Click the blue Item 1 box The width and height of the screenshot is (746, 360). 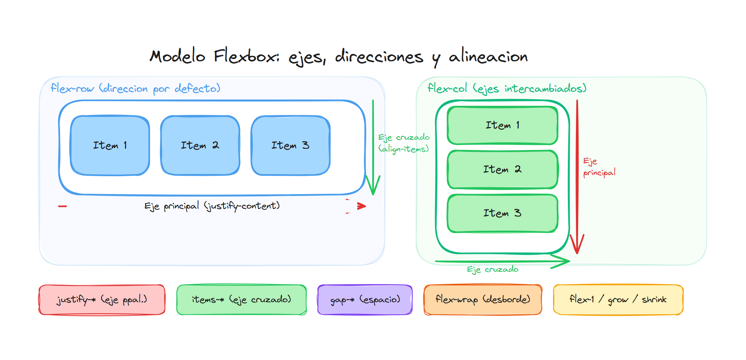(110, 145)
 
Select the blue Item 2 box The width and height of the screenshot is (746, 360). (200, 145)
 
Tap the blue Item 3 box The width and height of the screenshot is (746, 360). (290, 145)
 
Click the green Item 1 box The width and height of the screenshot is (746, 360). (502, 125)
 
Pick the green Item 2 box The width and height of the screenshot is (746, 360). (502, 169)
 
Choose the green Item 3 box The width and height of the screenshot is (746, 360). (502, 213)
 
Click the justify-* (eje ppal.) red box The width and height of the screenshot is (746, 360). (102, 300)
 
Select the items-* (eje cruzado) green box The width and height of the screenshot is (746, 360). (242, 300)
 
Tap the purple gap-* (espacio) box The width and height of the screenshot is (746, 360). (365, 300)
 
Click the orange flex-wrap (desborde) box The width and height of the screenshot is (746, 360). (483, 300)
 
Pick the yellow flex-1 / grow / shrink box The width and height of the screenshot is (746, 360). (618, 300)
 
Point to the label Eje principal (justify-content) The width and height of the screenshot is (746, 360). (212, 206)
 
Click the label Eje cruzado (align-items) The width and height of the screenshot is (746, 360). (403, 143)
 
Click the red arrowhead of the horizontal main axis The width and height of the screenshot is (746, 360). (361, 206)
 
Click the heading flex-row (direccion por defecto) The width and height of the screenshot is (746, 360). (135, 89)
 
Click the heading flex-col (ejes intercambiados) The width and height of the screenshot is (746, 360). (507, 89)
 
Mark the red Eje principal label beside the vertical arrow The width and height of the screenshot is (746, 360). (599, 167)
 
